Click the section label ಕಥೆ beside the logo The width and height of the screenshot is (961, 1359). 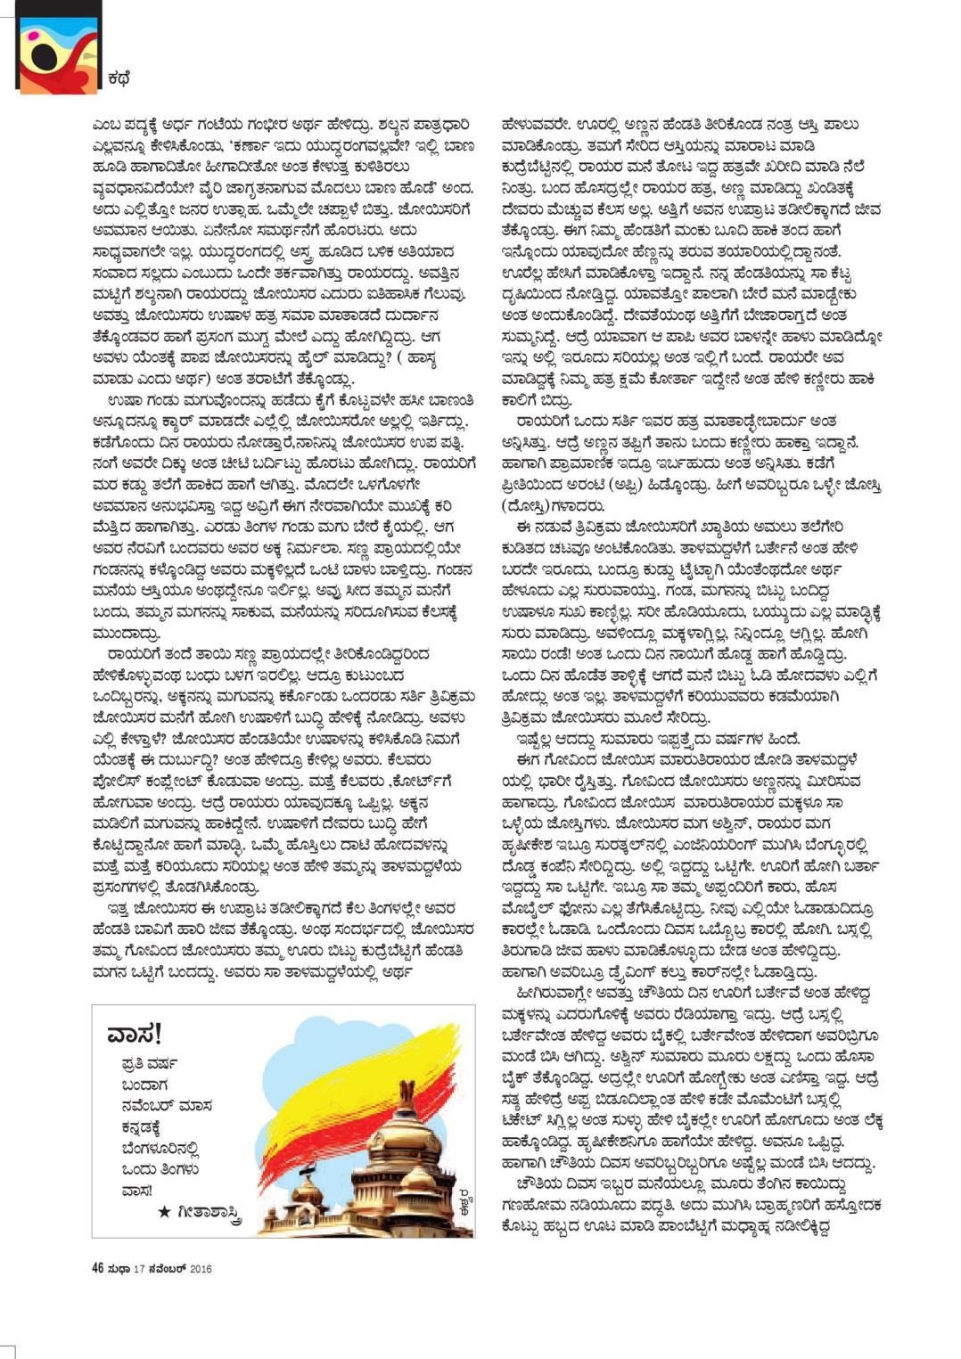pyautogui.click(x=119, y=78)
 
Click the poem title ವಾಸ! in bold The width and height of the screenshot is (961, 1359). pyautogui.click(x=135, y=1034)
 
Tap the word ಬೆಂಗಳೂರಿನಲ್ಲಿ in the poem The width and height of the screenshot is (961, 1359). pyautogui.click(x=160, y=1149)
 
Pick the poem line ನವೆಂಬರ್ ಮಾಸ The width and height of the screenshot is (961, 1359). pyautogui.click(x=167, y=1106)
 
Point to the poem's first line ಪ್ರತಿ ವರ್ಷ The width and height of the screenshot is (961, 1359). pyautogui.click(x=149, y=1064)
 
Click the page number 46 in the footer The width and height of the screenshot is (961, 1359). pyautogui.click(x=98, y=1268)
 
